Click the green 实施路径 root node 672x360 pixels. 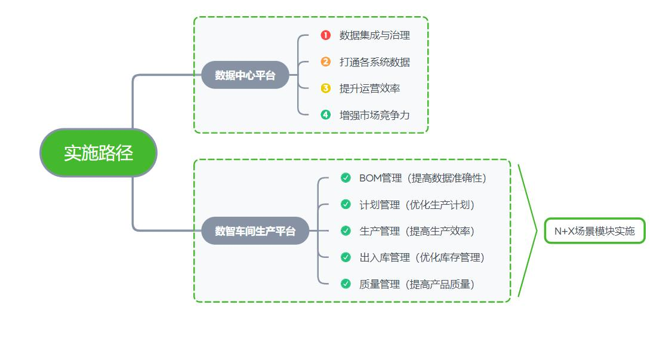coord(98,153)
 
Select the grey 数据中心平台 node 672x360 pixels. coord(245,75)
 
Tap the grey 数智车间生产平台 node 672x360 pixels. coord(255,231)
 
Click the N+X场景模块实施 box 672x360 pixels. coord(594,231)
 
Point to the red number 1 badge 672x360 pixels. coord(325,35)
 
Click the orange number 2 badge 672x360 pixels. coord(325,61)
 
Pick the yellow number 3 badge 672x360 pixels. coord(325,88)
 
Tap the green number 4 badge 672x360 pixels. coord(325,115)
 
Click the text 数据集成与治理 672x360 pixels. coord(375,35)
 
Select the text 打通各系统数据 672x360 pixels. coord(375,61)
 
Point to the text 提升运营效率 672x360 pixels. coord(370,88)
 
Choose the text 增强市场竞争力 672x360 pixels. coord(375,115)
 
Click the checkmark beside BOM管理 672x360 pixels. coord(346,178)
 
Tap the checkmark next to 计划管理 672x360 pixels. coord(346,204)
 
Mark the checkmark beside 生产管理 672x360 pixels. coord(346,230)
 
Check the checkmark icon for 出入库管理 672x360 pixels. coord(346,257)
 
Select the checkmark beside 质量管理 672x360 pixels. coord(346,284)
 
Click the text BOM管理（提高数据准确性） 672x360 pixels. coord(423,178)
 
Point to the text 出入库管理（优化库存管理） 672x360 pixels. coord(422,257)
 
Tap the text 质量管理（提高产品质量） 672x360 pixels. coord(417,284)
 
